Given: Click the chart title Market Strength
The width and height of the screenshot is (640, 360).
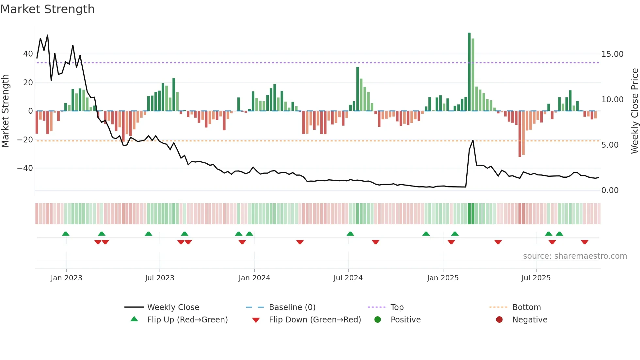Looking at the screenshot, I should (x=47, y=9).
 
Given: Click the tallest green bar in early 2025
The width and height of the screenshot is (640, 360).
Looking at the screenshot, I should (x=469, y=72).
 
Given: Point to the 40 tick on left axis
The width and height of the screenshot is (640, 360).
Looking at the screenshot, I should (x=28, y=54).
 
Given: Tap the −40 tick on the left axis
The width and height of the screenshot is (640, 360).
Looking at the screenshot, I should (x=25, y=168).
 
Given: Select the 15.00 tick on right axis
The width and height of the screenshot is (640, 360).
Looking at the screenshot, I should (x=612, y=54).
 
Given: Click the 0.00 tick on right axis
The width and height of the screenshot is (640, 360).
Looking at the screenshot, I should (x=610, y=190).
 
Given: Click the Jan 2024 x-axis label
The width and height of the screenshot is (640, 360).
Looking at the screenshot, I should (x=254, y=278).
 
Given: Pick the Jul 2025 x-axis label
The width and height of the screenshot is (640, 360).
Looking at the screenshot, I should (x=536, y=278).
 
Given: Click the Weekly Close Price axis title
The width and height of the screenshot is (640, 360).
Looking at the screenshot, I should (x=634, y=111).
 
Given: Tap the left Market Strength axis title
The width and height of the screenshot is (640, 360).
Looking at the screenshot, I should (x=5, y=111).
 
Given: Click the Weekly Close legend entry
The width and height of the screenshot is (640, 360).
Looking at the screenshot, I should (x=173, y=307).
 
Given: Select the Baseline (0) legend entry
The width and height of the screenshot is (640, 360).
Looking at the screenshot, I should (x=292, y=307).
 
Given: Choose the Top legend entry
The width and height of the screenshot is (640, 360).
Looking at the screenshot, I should (x=397, y=307).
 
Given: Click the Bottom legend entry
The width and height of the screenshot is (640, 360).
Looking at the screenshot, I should (x=526, y=307).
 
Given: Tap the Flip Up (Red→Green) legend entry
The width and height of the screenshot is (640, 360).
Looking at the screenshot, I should (x=187, y=320).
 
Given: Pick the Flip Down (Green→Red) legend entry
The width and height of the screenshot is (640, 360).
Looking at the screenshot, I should (x=315, y=320).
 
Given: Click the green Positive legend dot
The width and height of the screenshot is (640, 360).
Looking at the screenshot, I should (x=378, y=320).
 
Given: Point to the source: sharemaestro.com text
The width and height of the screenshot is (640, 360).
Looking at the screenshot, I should (x=575, y=256).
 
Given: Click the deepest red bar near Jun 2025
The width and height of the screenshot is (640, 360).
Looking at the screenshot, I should (x=520, y=134).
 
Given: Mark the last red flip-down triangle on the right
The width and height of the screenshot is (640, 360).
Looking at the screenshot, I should (x=584, y=242).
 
